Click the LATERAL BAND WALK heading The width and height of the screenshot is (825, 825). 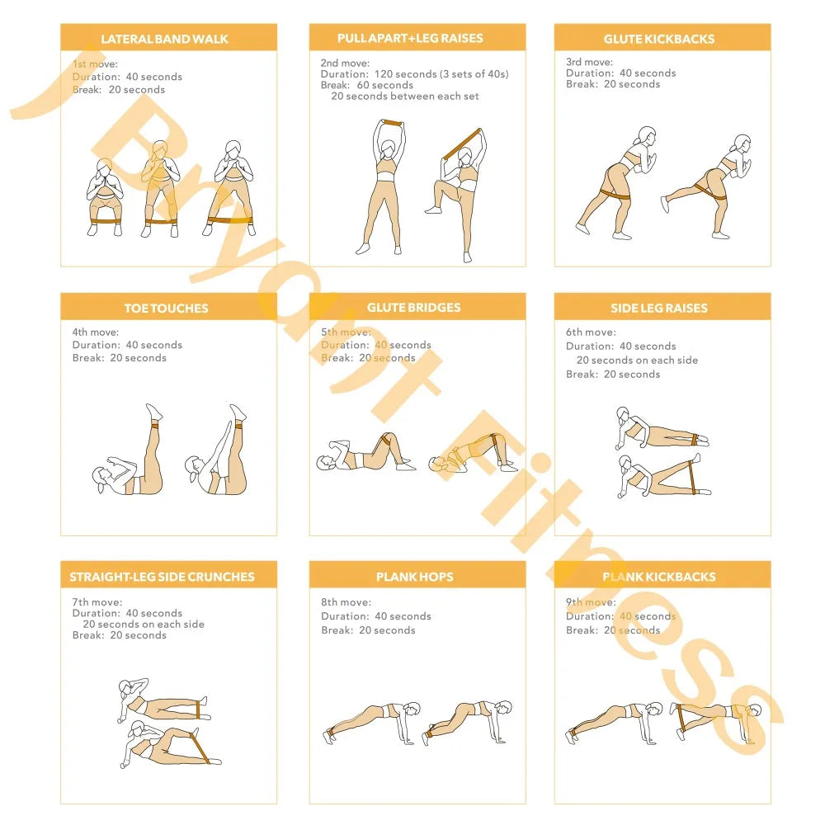(x=164, y=39)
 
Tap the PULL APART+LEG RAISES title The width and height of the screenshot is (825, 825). (x=410, y=38)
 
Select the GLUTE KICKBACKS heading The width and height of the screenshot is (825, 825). (x=658, y=39)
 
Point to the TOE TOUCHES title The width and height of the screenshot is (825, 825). (x=167, y=309)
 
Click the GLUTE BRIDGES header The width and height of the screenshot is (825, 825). (x=413, y=307)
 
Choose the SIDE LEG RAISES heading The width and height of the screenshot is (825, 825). (x=658, y=309)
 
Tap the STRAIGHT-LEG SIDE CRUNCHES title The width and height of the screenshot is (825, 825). (x=162, y=577)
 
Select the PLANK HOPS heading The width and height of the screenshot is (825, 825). (x=415, y=577)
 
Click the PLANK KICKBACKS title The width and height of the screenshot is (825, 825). (x=658, y=577)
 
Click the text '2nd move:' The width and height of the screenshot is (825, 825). (x=345, y=64)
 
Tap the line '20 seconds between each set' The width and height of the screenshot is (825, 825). (x=405, y=97)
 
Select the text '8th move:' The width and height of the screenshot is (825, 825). (x=346, y=602)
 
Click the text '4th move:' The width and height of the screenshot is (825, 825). (x=95, y=332)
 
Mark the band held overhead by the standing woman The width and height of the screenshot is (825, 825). (x=391, y=123)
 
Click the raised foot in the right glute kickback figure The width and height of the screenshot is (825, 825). (x=666, y=204)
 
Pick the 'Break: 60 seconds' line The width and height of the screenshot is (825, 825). (x=367, y=85)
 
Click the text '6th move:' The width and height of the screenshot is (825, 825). (x=591, y=332)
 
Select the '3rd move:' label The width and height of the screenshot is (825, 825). (x=589, y=62)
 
